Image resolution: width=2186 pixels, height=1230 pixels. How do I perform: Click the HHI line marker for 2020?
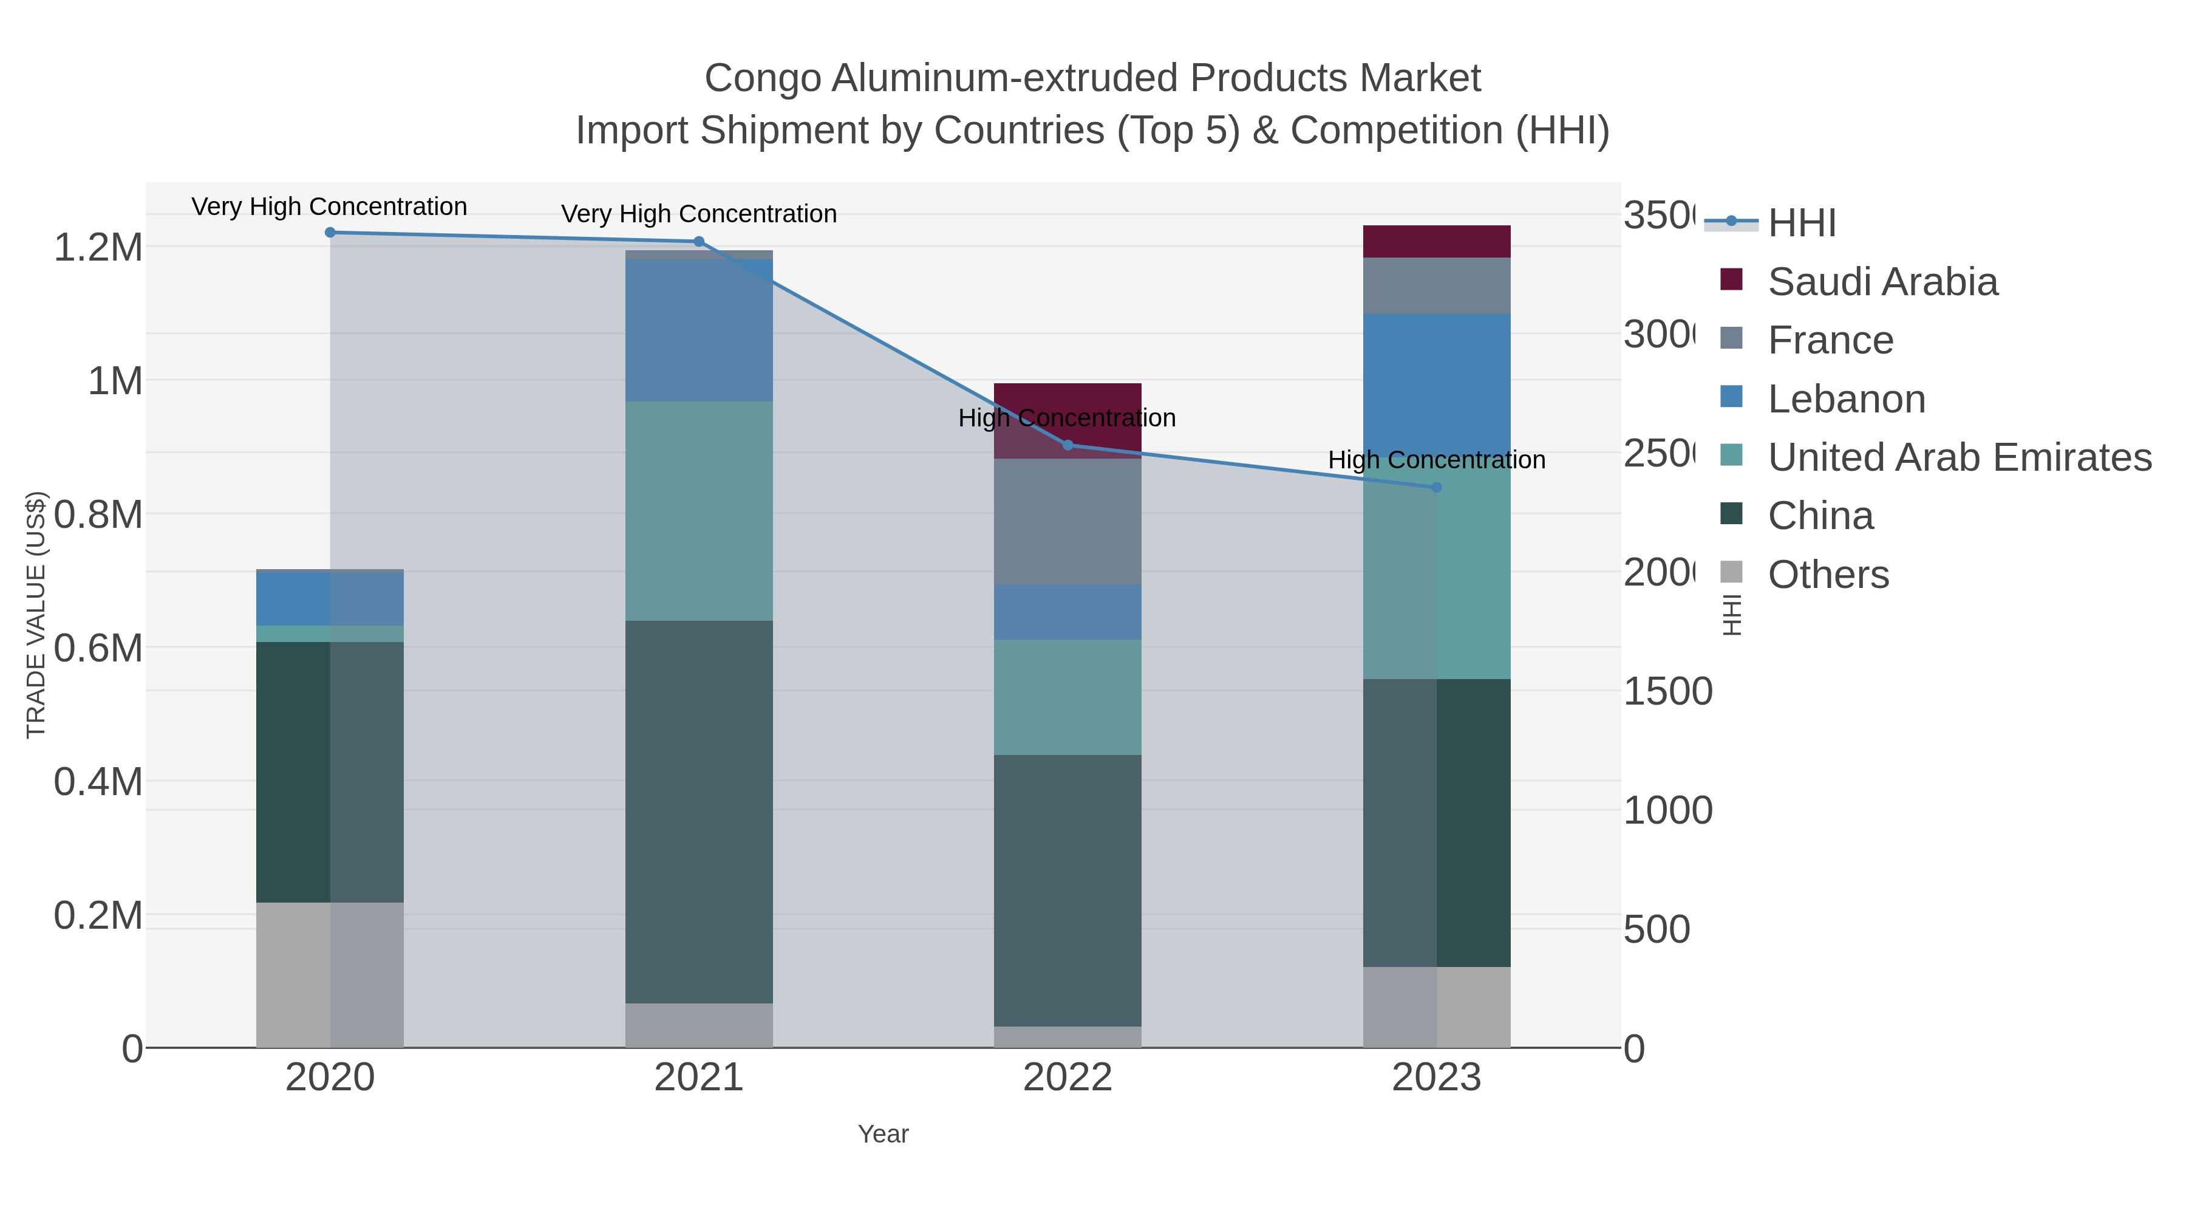click(x=330, y=233)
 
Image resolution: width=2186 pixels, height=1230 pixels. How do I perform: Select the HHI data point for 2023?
click(x=1437, y=487)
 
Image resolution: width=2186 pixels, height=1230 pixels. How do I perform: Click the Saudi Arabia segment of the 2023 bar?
click(x=1437, y=242)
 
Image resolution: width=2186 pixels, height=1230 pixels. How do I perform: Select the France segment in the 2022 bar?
click(x=1067, y=521)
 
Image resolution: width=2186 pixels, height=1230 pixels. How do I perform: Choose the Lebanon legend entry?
click(x=1846, y=399)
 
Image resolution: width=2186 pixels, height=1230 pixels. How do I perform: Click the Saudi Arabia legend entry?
click(x=1882, y=282)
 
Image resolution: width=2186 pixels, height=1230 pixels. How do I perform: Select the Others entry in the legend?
click(x=1828, y=575)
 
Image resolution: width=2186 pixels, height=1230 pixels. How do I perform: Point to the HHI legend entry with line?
click(x=1801, y=224)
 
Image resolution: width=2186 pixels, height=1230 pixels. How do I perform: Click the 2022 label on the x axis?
click(x=1067, y=1078)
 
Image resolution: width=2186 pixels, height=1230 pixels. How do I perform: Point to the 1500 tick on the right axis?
click(x=1667, y=692)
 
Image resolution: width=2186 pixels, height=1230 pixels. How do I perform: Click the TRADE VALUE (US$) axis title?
click(x=36, y=615)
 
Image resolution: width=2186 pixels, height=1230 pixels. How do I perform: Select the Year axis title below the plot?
click(x=882, y=1134)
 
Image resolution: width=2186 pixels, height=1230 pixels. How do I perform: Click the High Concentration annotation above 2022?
click(x=1067, y=418)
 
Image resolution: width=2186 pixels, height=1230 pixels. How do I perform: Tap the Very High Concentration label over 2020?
click(x=329, y=207)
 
